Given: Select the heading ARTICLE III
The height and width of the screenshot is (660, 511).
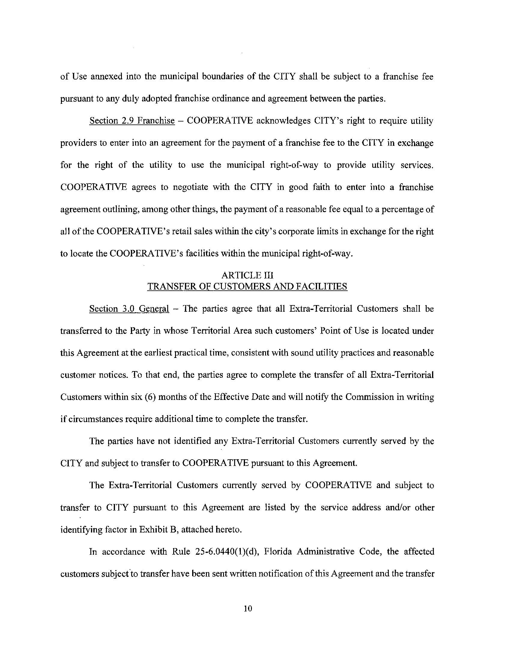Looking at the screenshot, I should point(247,275).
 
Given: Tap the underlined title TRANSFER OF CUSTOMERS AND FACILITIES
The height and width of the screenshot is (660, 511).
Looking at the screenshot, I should point(247,286).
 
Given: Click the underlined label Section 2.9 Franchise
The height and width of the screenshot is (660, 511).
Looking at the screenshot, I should point(132,121).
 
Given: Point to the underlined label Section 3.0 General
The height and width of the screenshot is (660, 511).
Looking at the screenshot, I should point(129,309).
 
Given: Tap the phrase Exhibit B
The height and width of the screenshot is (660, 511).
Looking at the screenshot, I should point(158,529).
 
